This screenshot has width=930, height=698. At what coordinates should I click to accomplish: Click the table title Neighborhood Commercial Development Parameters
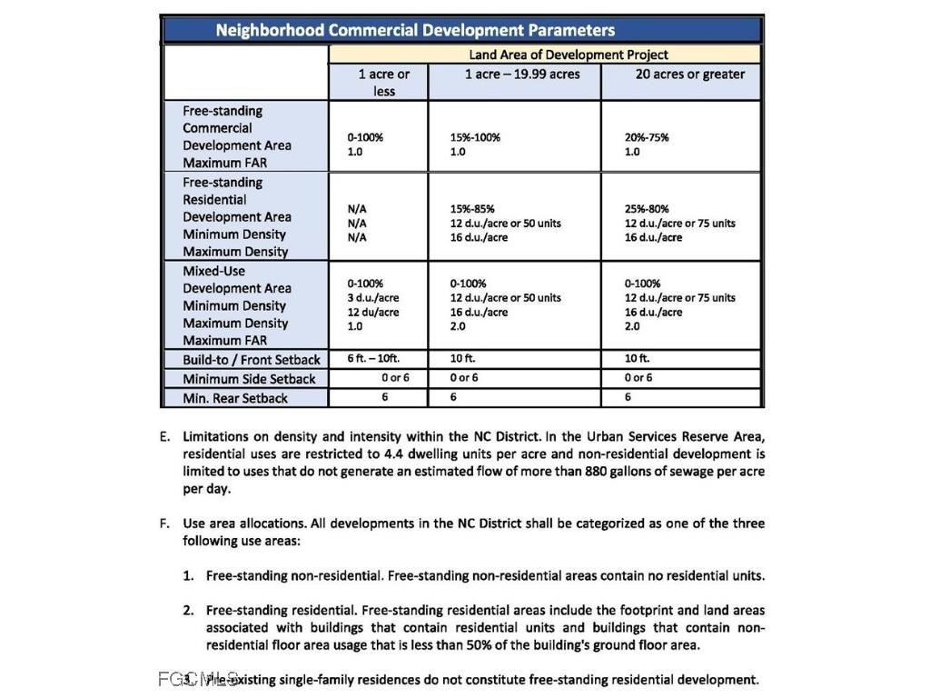click(415, 30)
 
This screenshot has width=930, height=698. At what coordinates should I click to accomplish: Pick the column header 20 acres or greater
click(689, 74)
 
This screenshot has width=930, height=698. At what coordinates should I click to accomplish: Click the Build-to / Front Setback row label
click(252, 359)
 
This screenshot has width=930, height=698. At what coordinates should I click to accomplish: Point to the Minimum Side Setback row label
click(249, 379)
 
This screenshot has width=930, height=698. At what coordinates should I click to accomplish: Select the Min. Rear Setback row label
click(234, 398)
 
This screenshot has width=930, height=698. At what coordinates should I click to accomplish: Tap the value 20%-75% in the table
click(647, 137)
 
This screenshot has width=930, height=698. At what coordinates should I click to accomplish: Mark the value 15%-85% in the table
click(472, 209)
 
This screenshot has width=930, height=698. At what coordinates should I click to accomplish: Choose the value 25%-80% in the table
click(647, 209)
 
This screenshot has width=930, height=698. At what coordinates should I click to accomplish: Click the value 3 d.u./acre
click(373, 297)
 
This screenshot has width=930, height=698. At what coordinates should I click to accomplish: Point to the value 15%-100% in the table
click(475, 137)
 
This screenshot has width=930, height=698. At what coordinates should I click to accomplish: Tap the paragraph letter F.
click(163, 523)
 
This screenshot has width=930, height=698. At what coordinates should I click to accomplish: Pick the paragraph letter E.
click(163, 436)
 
